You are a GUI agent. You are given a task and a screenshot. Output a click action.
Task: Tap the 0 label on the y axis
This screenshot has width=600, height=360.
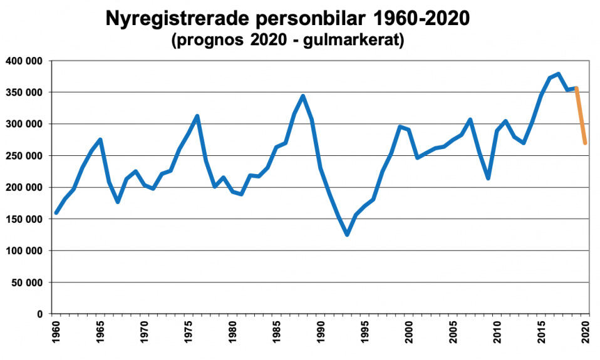click(x=40, y=314)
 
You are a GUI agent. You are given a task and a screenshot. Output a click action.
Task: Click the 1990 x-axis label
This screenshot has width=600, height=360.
click(x=321, y=331)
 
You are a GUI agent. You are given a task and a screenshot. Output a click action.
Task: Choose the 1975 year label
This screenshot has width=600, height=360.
click(x=189, y=331)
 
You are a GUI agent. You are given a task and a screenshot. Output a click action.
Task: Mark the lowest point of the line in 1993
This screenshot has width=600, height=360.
click(x=346, y=235)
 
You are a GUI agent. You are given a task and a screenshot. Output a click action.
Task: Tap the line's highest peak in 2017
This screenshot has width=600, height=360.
click(x=558, y=74)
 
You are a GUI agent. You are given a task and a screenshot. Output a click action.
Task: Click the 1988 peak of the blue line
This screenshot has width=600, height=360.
click(x=303, y=96)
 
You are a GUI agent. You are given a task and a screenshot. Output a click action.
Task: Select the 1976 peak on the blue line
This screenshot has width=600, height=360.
click(x=197, y=116)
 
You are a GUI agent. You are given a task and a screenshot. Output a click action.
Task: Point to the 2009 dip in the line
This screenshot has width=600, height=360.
click(x=488, y=178)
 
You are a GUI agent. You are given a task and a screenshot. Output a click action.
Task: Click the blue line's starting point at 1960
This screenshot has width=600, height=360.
click(x=56, y=213)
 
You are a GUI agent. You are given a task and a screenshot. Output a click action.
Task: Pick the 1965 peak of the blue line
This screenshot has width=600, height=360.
click(x=100, y=139)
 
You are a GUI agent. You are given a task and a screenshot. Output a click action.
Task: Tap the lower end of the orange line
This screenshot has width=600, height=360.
click(x=585, y=143)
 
